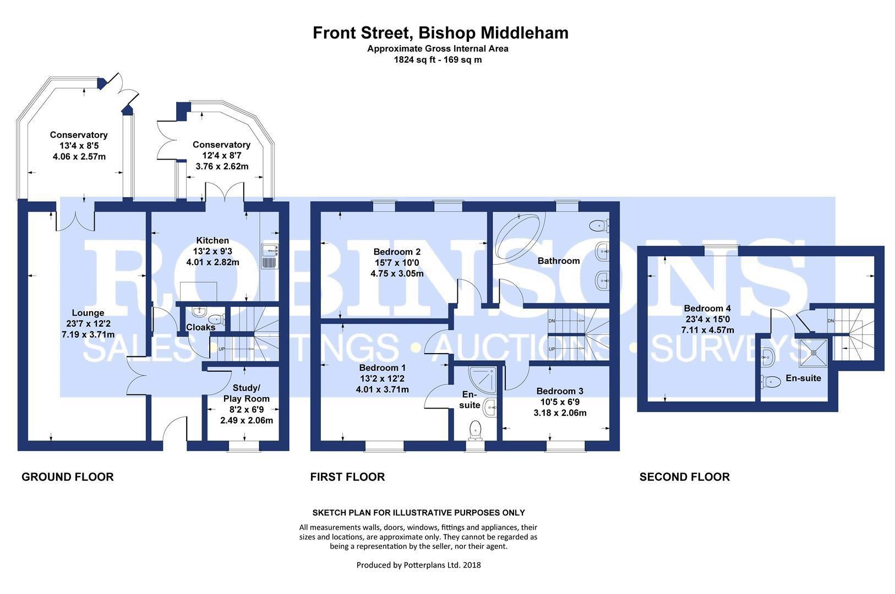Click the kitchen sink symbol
click(270, 256)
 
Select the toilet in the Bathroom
click(599, 226)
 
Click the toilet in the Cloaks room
click(217, 319)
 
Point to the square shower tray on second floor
click(813, 353)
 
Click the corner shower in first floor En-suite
click(483, 381)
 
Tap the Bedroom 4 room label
click(707, 309)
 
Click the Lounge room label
click(88, 313)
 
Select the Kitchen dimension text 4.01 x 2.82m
click(213, 262)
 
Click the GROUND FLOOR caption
click(68, 477)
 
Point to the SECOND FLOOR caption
click(684, 477)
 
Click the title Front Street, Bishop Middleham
click(440, 33)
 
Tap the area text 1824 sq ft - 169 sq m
click(438, 60)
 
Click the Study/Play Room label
click(246, 393)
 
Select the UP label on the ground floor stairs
click(222, 349)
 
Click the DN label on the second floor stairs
click(831, 321)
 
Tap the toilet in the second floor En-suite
click(771, 382)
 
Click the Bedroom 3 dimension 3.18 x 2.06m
click(560, 413)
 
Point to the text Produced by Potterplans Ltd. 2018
click(418, 565)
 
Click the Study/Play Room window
click(244, 446)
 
